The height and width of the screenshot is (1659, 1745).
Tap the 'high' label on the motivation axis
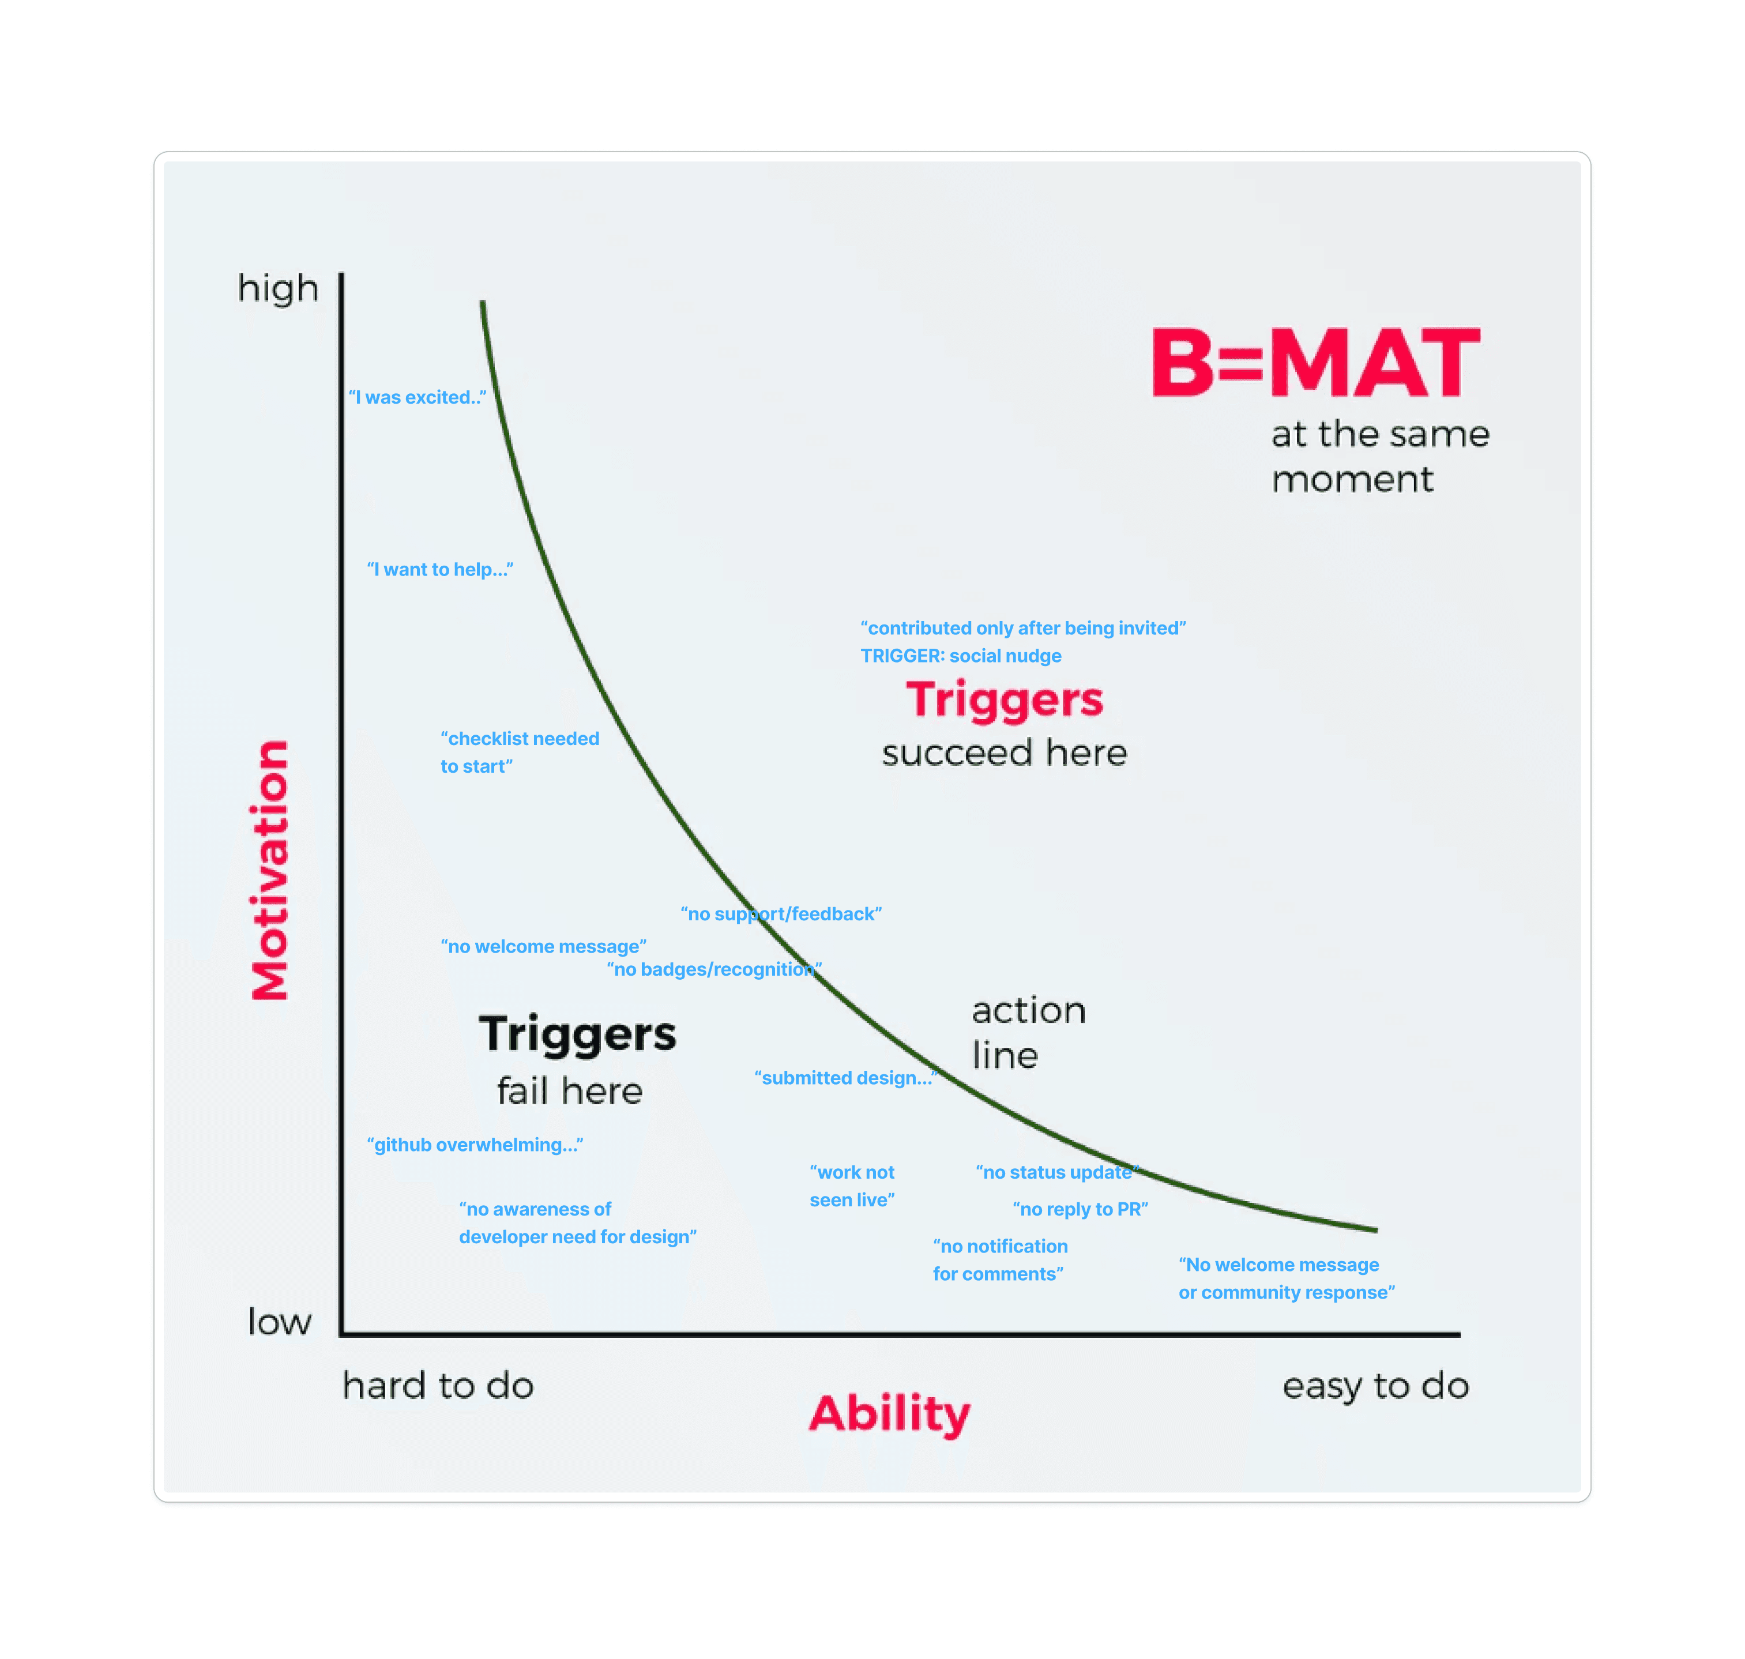pos(278,288)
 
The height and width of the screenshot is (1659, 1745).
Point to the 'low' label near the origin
pos(280,1321)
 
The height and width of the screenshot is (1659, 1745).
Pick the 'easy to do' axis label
pos(1375,1385)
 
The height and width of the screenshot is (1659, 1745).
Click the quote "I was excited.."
pos(416,397)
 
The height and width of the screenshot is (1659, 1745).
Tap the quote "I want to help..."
pos(439,570)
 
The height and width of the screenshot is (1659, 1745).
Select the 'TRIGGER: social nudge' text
pos(961,655)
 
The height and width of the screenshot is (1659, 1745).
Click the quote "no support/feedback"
pos(781,913)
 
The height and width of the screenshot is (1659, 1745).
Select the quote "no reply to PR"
pos(1080,1209)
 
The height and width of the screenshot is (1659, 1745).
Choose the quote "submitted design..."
pos(845,1077)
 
